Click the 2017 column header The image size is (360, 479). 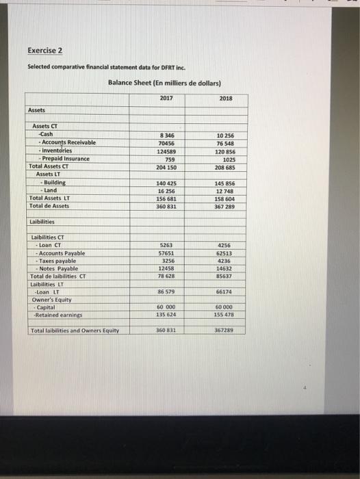166,98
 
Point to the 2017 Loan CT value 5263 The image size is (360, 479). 166,244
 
